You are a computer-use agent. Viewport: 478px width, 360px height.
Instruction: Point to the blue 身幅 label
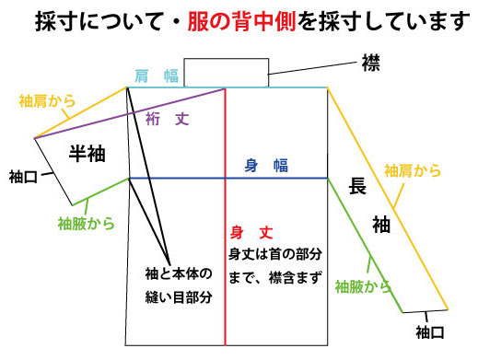[x=267, y=166]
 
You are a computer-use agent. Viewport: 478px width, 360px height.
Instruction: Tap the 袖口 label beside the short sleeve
[x=23, y=175]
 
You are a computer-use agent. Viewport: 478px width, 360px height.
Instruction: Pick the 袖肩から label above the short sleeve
[x=48, y=99]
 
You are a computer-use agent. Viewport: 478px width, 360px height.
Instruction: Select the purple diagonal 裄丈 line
[x=129, y=113]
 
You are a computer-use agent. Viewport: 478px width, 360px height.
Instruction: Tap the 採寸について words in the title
[x=87, y=19]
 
